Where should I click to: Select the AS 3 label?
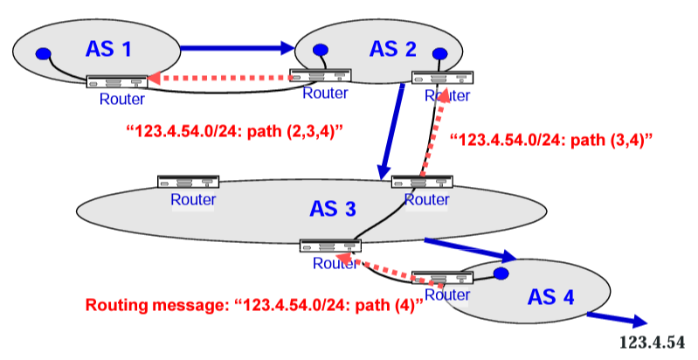(x=332, y=209)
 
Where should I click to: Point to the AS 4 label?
(x=550, y=297)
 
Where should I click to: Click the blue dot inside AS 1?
(x=41, y=54)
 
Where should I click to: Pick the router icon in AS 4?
(x=442, y=278)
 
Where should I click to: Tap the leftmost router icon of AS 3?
(x=188, y=183)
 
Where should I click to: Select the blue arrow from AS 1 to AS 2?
(x=237, y=47)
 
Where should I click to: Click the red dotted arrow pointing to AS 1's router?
(x=218, y=80)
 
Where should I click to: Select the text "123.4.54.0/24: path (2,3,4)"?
(x=234, y=132)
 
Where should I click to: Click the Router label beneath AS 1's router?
(x=115, y=98)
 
